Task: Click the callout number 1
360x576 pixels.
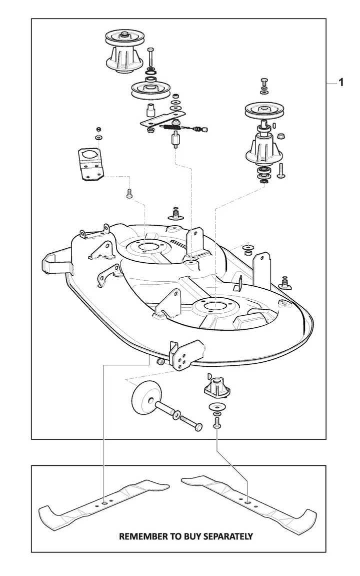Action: click(341, 83)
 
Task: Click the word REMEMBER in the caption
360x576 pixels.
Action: click(141, 536)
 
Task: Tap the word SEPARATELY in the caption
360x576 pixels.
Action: click(228, 536)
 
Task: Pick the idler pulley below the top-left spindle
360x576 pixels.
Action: click(149, 91)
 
